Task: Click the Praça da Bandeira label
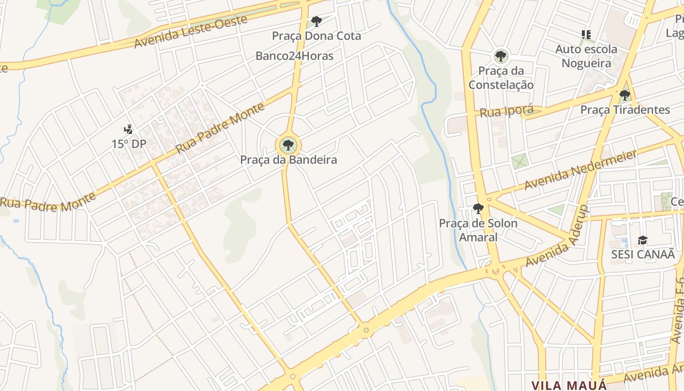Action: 288,160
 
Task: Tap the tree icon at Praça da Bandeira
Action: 288,145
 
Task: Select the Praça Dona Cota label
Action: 316,36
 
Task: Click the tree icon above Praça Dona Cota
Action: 317,21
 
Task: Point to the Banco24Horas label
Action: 294,56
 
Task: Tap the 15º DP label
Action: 128,144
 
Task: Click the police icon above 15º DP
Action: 128,130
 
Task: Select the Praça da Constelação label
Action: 501,78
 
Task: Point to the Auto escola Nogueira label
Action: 586,56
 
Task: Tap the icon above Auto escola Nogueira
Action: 586,35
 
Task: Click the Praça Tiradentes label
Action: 625,109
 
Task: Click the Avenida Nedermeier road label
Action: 580,170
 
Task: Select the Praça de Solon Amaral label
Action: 478,230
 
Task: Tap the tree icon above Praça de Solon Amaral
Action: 478,209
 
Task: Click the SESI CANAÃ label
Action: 642,254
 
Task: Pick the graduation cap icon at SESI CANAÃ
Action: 642,240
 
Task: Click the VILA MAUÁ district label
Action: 569,385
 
